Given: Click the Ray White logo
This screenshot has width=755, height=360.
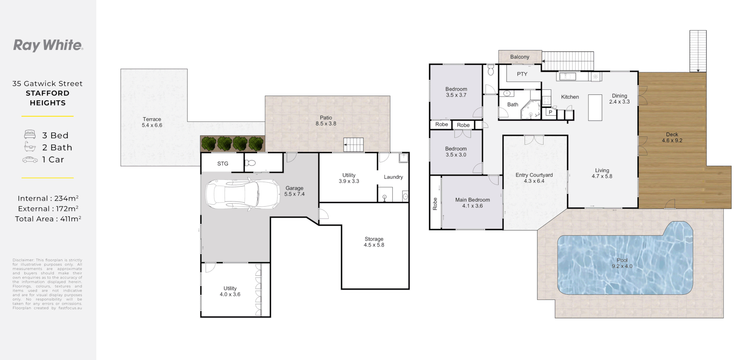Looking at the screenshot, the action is (48, 45).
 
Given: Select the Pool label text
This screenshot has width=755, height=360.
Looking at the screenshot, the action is (622, 260).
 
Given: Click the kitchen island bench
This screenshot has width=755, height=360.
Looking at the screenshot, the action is (595, 107).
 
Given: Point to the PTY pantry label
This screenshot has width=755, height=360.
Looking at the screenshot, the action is (522, 74).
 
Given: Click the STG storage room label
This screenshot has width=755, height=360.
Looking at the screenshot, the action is (223, 164).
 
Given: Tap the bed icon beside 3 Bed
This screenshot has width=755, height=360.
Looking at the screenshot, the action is (30, 135).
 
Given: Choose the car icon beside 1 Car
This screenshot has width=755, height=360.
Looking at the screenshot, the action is (30, 160).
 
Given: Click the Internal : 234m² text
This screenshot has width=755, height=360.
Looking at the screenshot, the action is (48, 198).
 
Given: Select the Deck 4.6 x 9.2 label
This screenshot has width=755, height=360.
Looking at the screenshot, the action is (672, 137).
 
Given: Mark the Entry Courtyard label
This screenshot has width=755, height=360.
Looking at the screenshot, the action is (534, 175).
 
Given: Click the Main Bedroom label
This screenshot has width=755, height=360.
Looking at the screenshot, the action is (473, 200).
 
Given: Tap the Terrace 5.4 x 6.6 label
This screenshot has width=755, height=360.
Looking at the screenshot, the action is (152, 122).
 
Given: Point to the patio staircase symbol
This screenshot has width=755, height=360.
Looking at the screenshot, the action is (354, 145).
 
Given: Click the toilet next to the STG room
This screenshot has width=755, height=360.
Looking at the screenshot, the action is (250, 163).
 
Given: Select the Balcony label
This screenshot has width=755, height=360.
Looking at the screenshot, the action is (520, 57).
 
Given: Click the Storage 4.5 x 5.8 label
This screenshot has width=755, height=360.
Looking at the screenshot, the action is (374, 242).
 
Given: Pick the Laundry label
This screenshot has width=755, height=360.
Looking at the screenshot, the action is (393, 177).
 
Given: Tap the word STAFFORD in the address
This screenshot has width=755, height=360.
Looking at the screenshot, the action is (48, 93).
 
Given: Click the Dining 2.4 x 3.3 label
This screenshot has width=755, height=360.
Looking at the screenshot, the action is (619, 99).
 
